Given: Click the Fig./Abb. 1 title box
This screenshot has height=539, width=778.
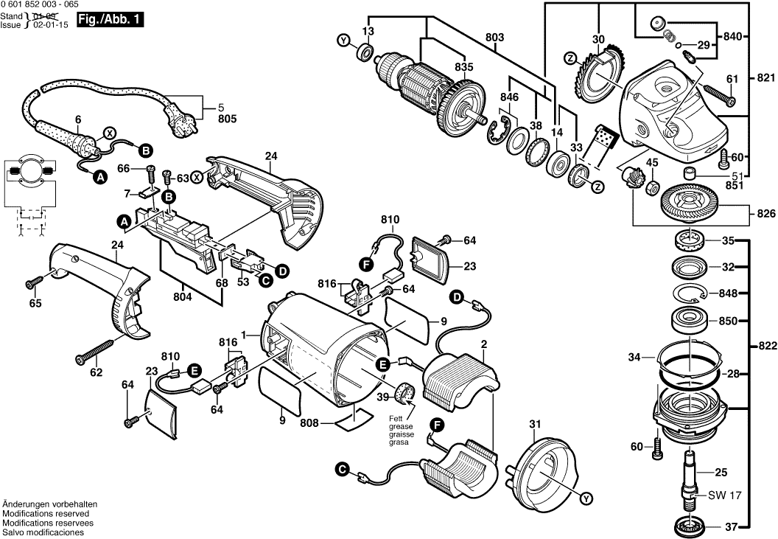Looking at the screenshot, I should (110, 21).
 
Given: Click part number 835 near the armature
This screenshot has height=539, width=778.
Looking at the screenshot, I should (463, 66).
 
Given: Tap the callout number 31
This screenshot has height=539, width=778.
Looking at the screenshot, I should (534, 423).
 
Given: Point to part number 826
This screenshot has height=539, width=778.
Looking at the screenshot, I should (766, 214).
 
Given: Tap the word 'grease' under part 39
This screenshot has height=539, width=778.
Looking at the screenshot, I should (401, 427).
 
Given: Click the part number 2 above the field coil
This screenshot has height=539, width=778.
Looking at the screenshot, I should (483, 344).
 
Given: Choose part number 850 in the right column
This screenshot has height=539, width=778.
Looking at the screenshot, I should (728, 321).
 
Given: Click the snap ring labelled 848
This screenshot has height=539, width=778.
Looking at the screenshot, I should (693, 293).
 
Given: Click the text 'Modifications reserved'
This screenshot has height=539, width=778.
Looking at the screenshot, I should (46, 513).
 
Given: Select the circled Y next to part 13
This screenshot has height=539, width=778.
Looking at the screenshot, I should (343, 41).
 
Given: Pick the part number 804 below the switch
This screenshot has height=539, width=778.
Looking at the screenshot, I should (181, 296).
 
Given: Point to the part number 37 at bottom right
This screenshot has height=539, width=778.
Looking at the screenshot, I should (730, 526).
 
